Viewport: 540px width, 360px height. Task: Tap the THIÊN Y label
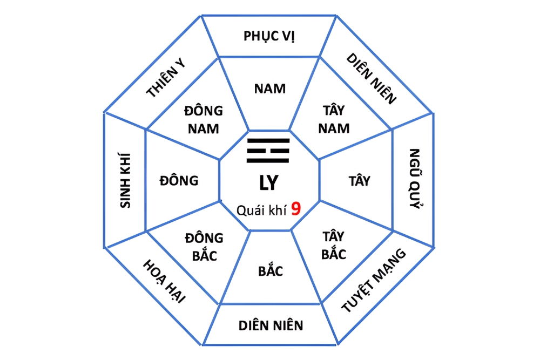(x=166, y=77)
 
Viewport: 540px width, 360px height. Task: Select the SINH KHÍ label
(x=125, y=180)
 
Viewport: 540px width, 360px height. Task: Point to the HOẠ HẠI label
(x=164, y=281)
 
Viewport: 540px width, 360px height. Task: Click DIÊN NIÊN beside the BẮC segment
(x=271, y=325)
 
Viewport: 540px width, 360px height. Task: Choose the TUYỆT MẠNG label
(x=374, y=280)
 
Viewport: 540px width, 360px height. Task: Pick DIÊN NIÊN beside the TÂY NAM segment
(x=372, y=78)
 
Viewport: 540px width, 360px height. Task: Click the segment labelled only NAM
(x=270, y=89)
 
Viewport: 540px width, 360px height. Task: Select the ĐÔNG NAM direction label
(x=204, y=120)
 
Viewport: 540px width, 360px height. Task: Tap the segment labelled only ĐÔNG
(x=179, y=180)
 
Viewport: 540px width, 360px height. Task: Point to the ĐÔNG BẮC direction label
(x=204, y=247)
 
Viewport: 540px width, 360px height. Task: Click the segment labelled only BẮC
(x=271, y=271)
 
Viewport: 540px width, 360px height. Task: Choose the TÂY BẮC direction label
(x=334, y=246)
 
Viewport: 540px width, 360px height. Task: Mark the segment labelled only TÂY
(x=359, y=181)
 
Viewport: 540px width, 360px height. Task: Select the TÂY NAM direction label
(x=334, y=119)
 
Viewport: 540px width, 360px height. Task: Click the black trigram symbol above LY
(x=268, y=151)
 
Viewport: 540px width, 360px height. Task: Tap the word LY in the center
(x=268, y=183)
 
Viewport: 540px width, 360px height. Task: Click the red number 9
(x=296, y=208)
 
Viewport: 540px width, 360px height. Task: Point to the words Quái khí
(x=262, y=210)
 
